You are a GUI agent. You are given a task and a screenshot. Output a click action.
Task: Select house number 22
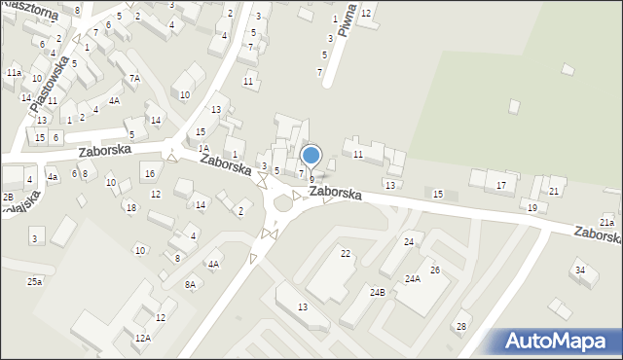[x=346, y=254]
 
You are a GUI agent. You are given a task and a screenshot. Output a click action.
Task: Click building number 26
[x=435, y=270]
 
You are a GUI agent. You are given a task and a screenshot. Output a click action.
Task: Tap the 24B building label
[x=377, y=292]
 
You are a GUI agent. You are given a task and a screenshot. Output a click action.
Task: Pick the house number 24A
[x=413, y=279]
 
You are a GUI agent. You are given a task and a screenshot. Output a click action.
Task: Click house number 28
[x=461, y=326]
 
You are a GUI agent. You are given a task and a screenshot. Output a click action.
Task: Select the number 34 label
[x=579, y=270]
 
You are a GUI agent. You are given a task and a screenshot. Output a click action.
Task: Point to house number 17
[x=501, y=185]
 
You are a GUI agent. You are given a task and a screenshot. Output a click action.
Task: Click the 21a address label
[x=606, y=223]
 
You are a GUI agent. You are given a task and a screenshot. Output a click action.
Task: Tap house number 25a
[x=34, y=282]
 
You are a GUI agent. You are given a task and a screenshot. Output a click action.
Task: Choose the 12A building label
[x=143, y=338]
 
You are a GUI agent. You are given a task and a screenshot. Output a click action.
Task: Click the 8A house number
[x=191, y=284]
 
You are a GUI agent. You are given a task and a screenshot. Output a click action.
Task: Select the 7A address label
[x=135, y=78]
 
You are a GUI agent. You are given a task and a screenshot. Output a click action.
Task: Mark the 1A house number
[x=203, y=149]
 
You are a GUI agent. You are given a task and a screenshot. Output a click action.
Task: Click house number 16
[x=149, y=174]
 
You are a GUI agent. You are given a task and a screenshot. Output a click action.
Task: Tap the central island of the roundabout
[x=283, y=203]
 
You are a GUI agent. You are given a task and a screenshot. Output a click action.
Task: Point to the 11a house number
[x=14, y=73]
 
